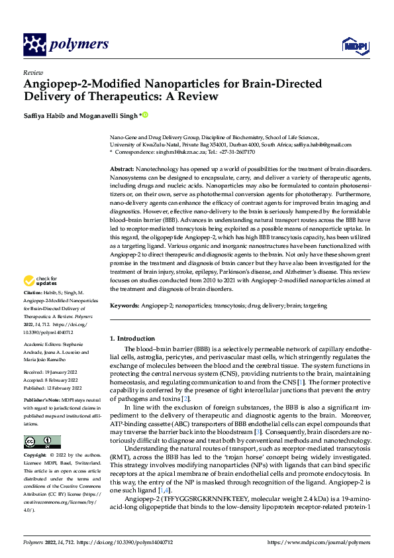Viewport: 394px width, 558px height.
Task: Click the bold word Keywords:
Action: point(124,307)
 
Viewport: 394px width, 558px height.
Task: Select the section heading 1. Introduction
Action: point(132,339)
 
